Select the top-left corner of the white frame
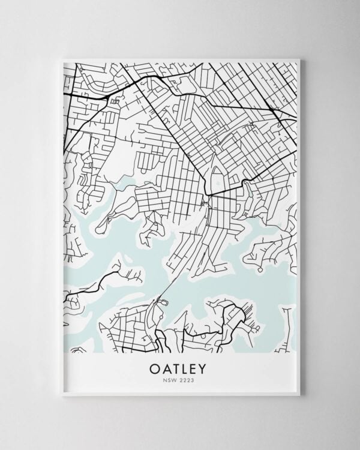pyautogui.click(x=62, y=57)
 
